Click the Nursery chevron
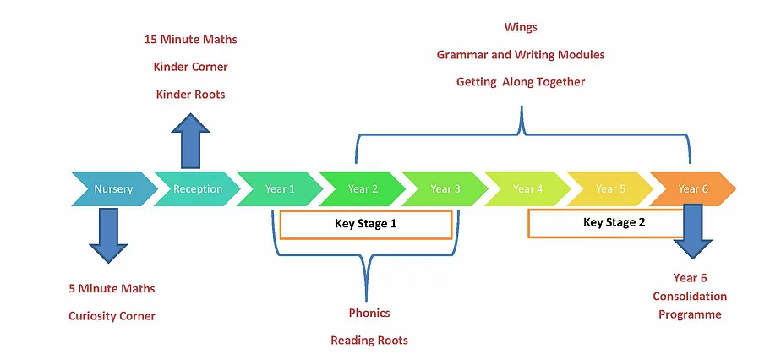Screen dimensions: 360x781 (113, 189)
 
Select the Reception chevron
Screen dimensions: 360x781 (197, 189)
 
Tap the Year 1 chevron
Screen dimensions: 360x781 (280, 189)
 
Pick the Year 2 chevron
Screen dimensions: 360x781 (363, 189)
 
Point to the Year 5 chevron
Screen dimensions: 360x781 (610, 189)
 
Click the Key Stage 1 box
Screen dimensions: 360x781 (365, 225)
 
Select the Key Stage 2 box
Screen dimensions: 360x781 (604, 223)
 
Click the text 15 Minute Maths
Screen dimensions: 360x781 (190, 39)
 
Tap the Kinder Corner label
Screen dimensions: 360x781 (190, 67)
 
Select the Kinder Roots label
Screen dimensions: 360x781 (190, 95)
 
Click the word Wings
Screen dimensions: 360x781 (521, 27)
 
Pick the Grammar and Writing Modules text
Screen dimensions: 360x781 (521, 55)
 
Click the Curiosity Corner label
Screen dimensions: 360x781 (112, 316)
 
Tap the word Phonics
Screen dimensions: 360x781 (369, 313)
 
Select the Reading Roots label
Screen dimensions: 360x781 (369, 341)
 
